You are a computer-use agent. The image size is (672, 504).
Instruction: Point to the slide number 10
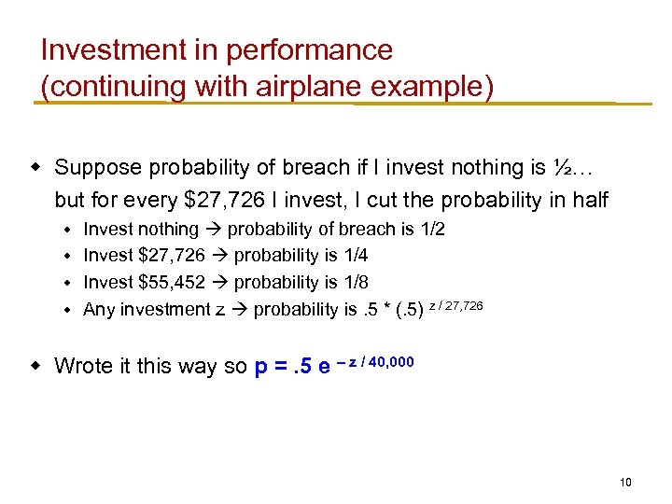tap(625, 483)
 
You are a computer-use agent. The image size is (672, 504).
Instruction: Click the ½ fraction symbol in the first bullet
tap(561, 168)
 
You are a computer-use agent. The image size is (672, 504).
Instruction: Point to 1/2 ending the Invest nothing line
tap(431, 230)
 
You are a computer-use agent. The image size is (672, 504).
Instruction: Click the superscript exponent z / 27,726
tap(455, 304)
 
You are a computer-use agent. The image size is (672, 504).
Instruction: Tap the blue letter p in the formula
tap(262, 366)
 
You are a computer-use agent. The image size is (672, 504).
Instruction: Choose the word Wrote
tap(82, 366)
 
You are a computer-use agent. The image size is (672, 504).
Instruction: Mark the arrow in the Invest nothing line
tap(214, 230)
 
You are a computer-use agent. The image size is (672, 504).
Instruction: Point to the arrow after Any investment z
tap(239, 309)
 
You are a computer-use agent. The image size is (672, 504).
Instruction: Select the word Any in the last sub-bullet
tap(99, 309)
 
